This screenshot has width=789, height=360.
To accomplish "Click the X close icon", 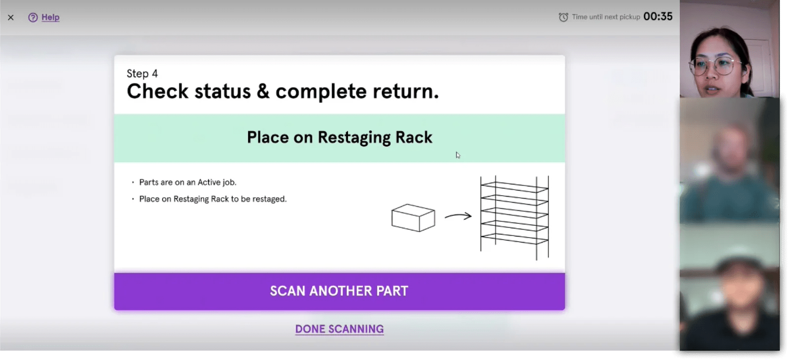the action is (x=11, y=18).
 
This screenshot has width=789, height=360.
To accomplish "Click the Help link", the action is (x=50, y=17).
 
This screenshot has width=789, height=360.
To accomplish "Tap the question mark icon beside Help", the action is (x=33, y=18).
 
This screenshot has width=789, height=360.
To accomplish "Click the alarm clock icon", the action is (x=563, y=17).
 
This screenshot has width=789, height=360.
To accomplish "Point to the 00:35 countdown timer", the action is (x=658, y=17).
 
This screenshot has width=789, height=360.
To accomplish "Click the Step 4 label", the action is (x=142, y=73).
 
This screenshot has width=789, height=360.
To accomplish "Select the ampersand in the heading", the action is (x=263, y=92).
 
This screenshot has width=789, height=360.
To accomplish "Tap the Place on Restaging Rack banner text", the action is (x=339, y=137).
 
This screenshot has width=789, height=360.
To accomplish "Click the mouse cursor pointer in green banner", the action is (x=458, y=155).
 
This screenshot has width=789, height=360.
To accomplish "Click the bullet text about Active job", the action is (x=187, y=182).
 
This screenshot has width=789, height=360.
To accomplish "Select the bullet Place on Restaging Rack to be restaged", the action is (x=213, y=199).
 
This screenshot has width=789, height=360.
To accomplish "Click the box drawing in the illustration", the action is (x=413, y=217).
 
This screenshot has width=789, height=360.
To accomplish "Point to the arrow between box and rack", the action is (x=458, y=216).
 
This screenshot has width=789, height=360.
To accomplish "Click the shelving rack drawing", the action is (x=514, y=217).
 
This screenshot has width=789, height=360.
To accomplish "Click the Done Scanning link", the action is (x=339, y=329).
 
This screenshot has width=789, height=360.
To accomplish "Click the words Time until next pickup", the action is (x=606, y=17).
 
